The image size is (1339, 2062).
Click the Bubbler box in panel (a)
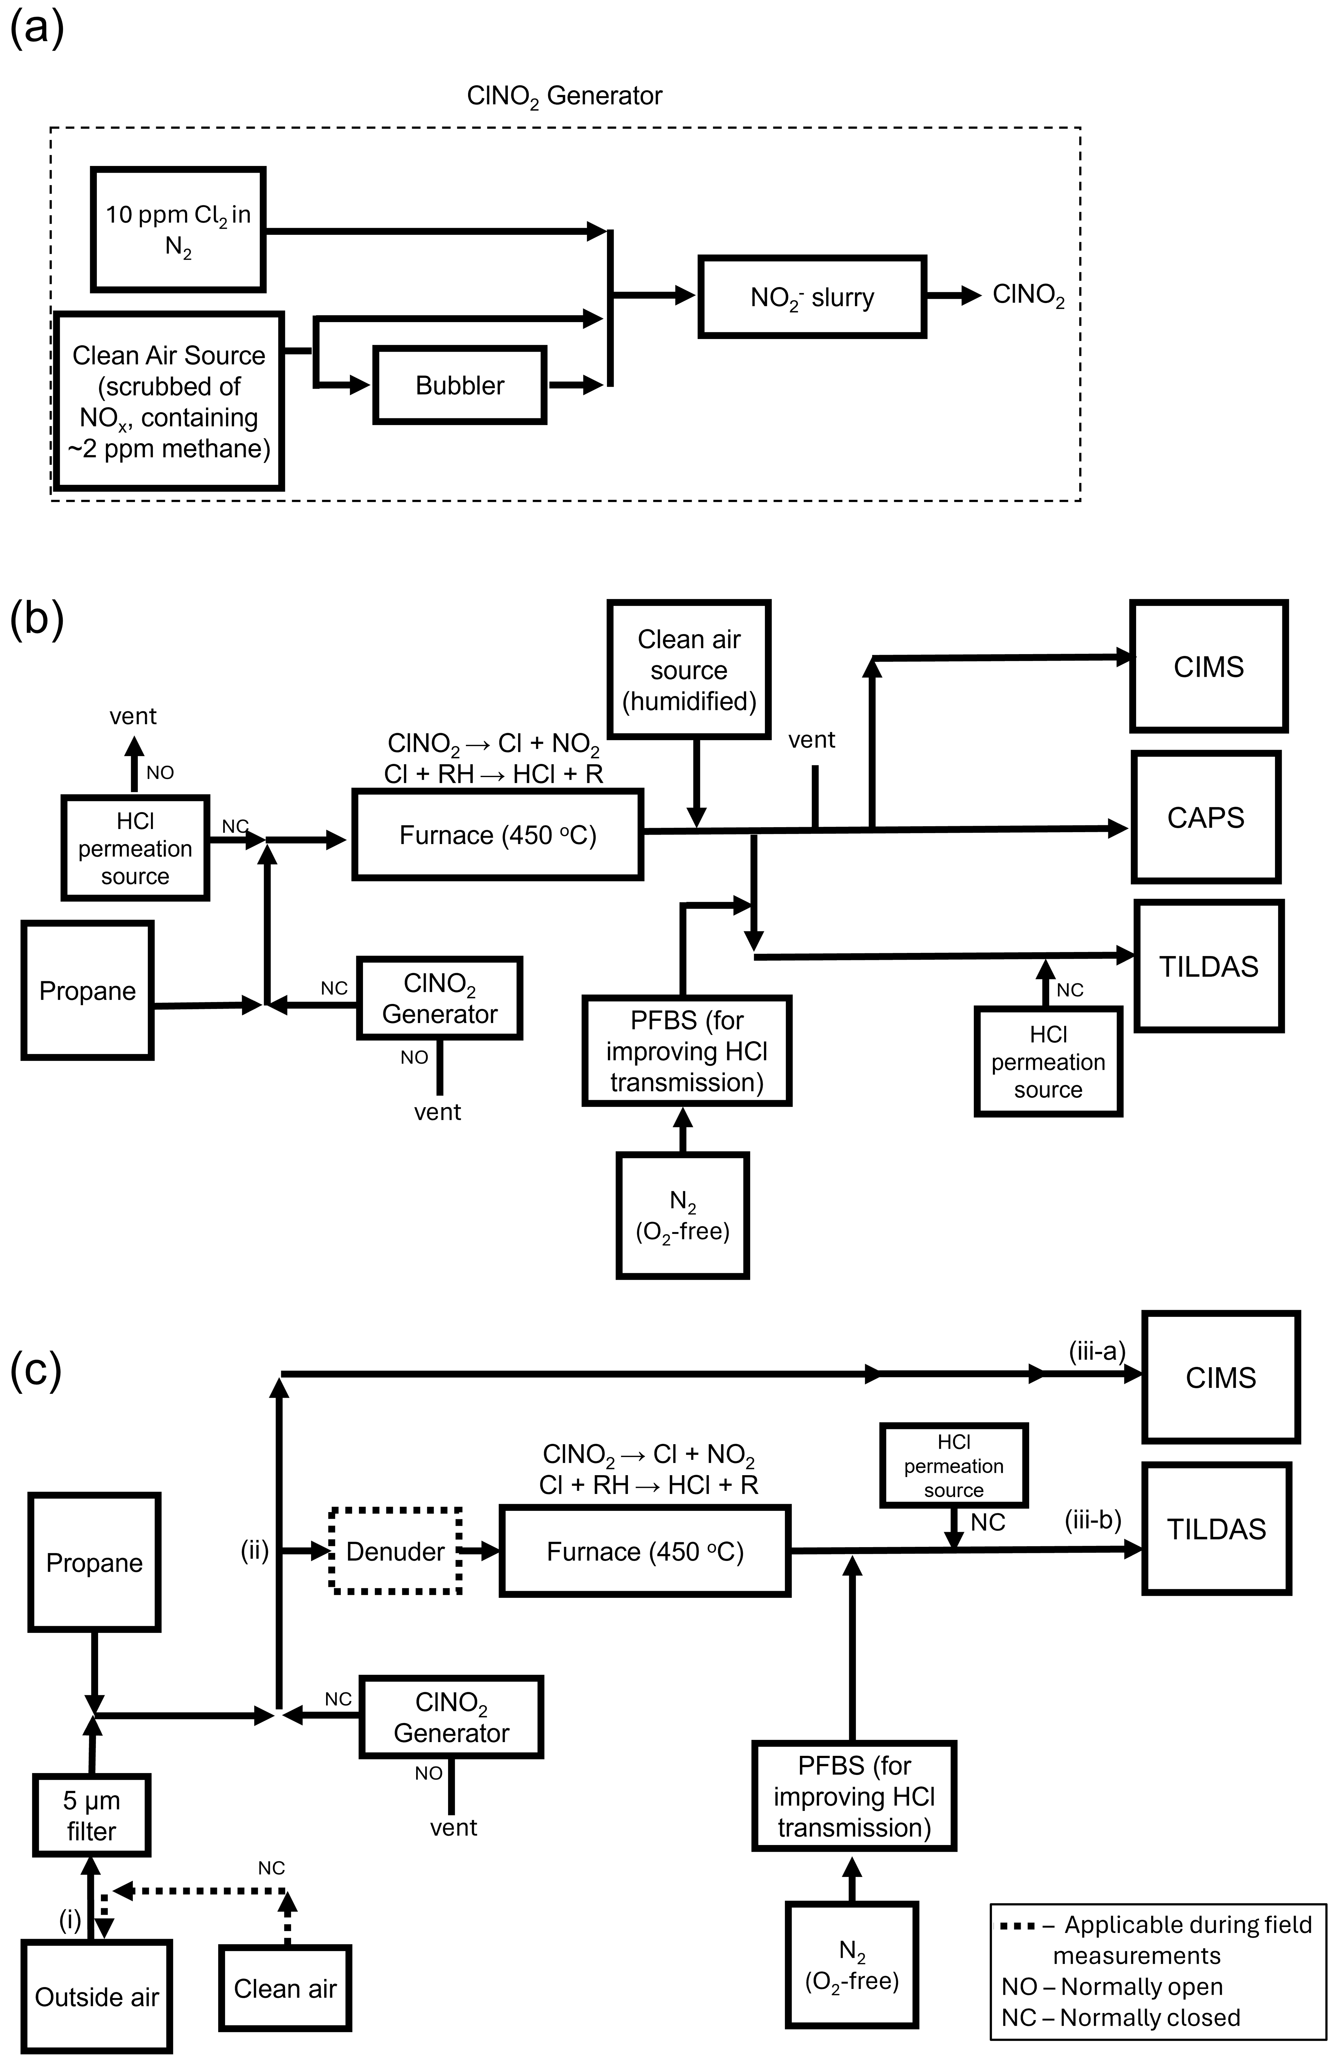[460, 386]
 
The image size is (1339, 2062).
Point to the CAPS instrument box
[1206, 817]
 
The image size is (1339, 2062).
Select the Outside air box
[96, 1997]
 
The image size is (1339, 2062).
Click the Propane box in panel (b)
[88, 990]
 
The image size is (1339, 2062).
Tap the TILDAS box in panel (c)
[1216, 1529]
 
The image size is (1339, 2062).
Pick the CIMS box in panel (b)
[1208, 666]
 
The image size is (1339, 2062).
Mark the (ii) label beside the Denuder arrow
[255, 1551]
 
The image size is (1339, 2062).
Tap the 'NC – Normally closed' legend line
[1121, 2017]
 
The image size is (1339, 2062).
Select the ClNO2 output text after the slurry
[1028, 295]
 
